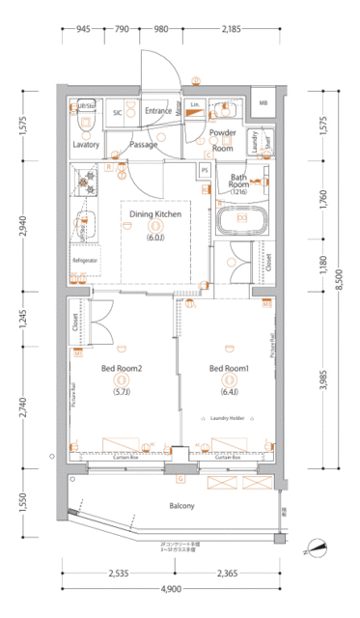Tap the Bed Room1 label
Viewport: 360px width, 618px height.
click(229, 368)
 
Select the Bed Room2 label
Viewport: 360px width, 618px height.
click(123, 368)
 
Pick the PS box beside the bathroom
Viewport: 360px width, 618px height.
click(205, 171)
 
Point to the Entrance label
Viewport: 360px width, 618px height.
click(158, 110)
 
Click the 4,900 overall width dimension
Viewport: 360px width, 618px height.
click(170, 590)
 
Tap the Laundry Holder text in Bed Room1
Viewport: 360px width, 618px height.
click(229, 418)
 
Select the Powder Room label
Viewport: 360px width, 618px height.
click(223, 140)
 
